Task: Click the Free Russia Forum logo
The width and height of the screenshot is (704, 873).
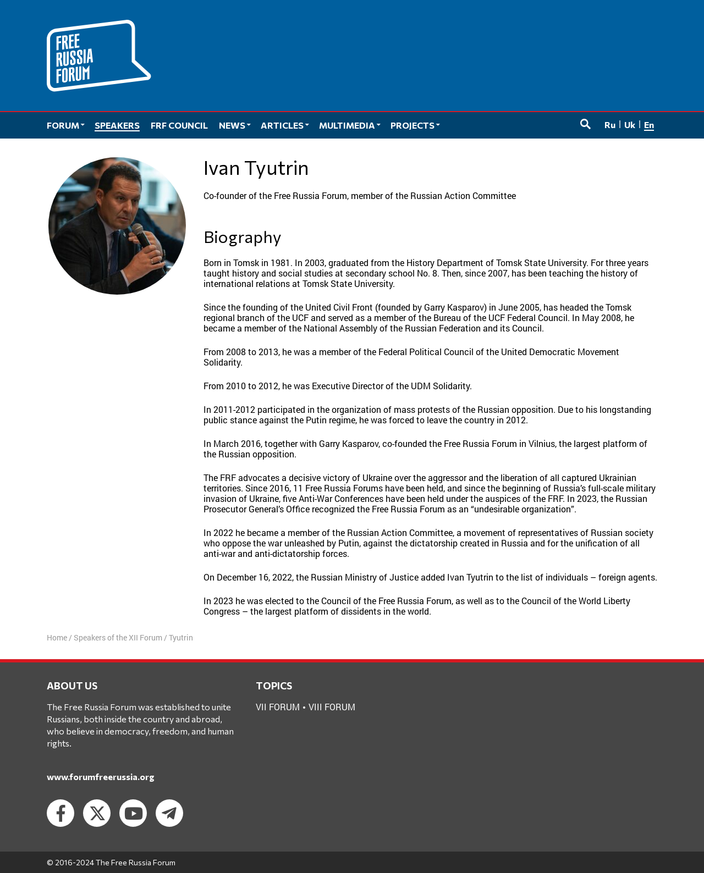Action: tap(98, 56)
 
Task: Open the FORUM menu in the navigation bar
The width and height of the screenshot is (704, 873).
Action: tap(65, 125)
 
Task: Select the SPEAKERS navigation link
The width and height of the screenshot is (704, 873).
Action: tap(117, 125)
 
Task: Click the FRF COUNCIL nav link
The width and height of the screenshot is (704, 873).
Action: tap(179, 125)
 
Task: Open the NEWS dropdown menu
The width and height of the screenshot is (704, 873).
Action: tap(234, 125)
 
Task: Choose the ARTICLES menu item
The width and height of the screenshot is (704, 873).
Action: tap(284, 125)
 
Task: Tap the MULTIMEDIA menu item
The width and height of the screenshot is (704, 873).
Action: tap(349, 125)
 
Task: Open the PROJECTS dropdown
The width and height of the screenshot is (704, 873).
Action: tap(415, 125)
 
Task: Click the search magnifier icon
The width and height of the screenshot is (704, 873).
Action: tap(585, 124)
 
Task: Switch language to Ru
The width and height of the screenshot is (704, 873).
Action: tap(610, 125)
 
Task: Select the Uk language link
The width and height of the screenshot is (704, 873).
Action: tap(630, 125)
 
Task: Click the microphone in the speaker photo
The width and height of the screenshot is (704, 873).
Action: tap(141, 236)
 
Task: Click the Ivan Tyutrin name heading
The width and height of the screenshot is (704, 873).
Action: tap(256, 168)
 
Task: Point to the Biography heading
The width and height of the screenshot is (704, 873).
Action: tap(242, 237)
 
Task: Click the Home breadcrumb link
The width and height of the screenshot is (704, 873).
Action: tap(57, 638)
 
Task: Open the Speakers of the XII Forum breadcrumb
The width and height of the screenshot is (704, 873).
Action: tap(118, 638)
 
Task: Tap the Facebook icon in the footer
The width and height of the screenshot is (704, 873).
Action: tap(61, 813)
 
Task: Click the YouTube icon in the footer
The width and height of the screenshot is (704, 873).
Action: tap(133, 813)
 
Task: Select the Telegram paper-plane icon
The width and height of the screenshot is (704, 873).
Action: tap(169, 813)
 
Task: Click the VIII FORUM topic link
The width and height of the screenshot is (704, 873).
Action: tap(332, 707)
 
